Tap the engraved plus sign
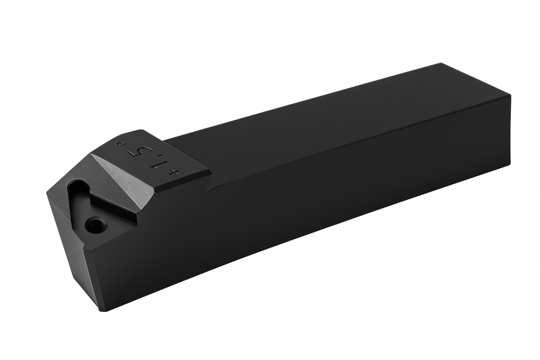(x=174, y=173)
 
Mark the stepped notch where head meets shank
(x=210, y=187)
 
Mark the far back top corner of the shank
(x=441, y=63)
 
